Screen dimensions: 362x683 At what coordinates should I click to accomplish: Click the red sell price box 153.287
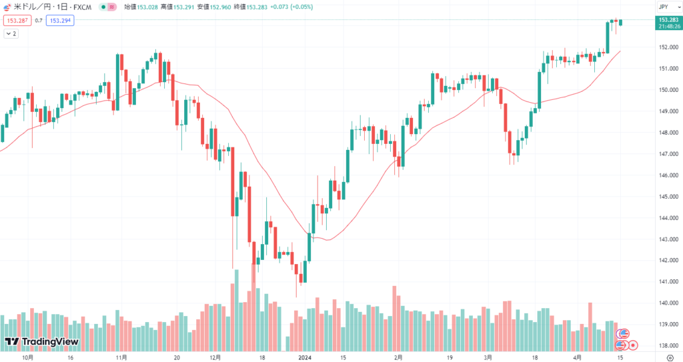(x=14, y=21)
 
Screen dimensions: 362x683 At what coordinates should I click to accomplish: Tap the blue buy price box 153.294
(x=59, y=21)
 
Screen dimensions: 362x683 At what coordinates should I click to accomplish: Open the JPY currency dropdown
(x=664, y=7)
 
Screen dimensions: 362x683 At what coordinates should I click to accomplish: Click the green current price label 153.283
(x=668, y=20)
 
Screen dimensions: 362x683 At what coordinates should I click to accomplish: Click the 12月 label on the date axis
(x=216, y=357)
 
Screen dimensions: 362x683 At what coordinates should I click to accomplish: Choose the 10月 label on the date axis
(x=28, y=357)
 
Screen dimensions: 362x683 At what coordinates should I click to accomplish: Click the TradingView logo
(x=42, y=342)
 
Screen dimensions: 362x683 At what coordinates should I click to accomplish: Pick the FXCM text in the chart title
(x=82, y=7)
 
